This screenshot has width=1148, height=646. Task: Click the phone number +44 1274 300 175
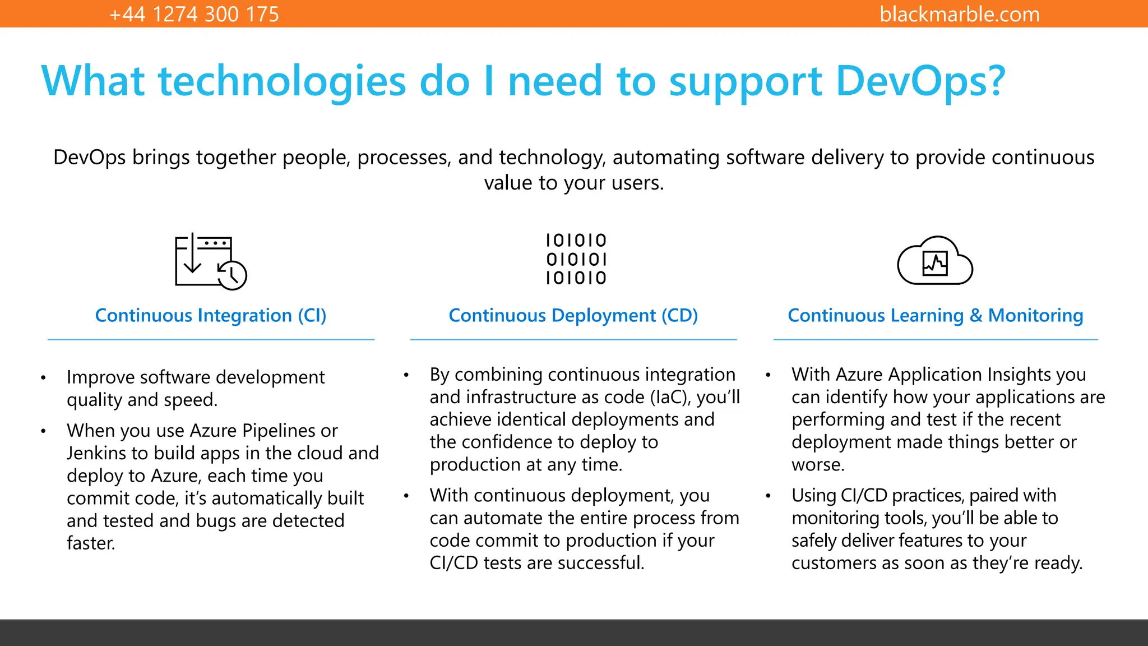[x=194, y=14]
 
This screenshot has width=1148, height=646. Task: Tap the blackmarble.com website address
[x=959, y=14]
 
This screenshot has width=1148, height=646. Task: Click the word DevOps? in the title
[x=920, y=81]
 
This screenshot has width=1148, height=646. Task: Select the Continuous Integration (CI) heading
[x=211, y=316]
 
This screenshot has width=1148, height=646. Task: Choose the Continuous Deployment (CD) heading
[x=573, y=316]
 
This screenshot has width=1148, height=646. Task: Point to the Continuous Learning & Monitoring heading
[x=935, y=316]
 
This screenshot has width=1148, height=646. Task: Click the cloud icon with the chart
[x=935, y=261]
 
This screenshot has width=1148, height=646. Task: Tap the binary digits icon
[x=576, y=259]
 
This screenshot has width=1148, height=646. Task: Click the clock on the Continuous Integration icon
[x=232, y=275]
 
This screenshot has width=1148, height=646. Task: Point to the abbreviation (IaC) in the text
[x=670, y=397]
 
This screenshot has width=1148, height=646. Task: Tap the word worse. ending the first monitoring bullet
[x=818, y=465]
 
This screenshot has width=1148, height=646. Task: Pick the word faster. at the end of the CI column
[x=91, y=543]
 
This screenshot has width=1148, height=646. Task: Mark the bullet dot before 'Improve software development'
[x=43, y=378]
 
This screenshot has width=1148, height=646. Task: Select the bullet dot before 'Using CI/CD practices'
[x=768, y=496]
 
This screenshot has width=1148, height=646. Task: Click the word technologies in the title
[x=282, y=81]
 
